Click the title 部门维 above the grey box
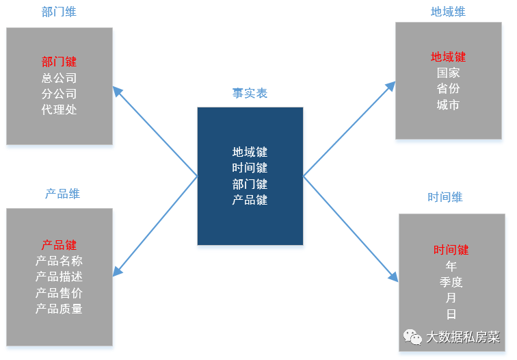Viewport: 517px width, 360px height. pos(59,12)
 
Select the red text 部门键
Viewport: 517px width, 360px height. pos(59,62)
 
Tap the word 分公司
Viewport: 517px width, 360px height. pos(59,94)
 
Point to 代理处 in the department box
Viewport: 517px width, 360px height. pos(59,110)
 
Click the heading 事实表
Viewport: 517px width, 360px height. pos(250,93)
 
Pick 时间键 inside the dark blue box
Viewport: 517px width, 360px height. pos(250,168)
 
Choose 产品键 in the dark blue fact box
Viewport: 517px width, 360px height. pos(250,200)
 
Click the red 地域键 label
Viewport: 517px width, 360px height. pos(448,57)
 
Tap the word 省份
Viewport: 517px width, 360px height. pos(448,88)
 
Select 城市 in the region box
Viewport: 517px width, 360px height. pos(448,105)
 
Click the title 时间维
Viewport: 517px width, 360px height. pos(445,197)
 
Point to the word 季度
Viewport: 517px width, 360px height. pos(451,282)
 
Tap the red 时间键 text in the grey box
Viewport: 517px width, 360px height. pos(451,250)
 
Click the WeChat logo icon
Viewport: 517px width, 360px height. pos(412,337)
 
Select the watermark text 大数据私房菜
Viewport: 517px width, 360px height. pos(463,337)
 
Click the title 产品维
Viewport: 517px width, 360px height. pos(62,194)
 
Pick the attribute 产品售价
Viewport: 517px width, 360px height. pos(59,293)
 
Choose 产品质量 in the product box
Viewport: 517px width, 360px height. pos(59,309)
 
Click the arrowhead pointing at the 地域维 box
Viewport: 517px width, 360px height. pos(391,86)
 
